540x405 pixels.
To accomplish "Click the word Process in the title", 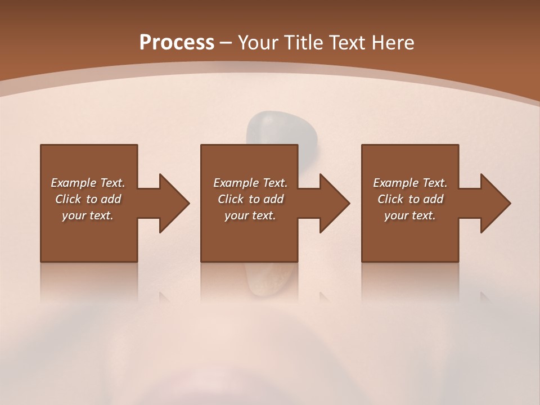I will [177, 43].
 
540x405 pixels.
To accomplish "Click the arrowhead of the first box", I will [174, 203].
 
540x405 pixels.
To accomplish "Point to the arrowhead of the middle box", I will [335, 203].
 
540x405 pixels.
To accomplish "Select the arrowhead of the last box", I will [496, 203].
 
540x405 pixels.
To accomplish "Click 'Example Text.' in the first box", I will [88, 183].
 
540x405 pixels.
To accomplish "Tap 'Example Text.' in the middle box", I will [250, 183].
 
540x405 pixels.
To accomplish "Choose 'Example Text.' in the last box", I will [410, 183].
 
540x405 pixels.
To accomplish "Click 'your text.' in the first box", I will [88, 215].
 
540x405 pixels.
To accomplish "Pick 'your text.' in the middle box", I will [250, 215].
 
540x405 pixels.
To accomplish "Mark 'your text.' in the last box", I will [410, 215].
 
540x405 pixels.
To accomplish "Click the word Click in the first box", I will [67, 199].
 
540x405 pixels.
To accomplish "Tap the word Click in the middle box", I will [230, 199].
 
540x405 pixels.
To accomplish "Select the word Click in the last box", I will [390, 199].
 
